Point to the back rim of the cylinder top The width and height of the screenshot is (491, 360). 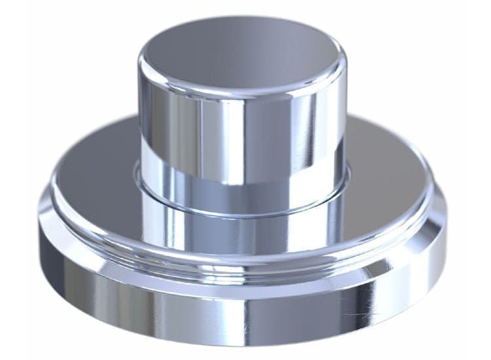click(242, 18)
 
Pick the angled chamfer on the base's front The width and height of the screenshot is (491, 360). click(242, 278)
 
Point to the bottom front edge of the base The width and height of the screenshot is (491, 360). click(242, 344)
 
